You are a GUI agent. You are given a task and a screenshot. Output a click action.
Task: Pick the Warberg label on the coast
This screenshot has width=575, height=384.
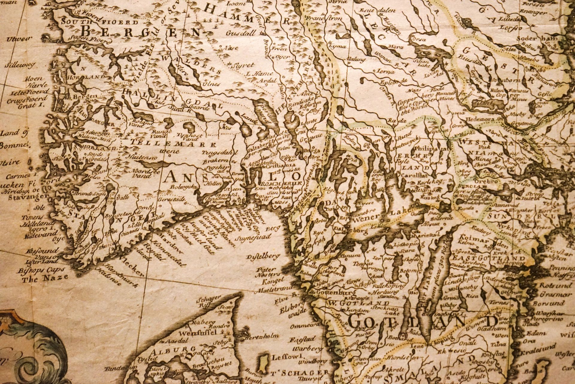[x=305, y=349]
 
